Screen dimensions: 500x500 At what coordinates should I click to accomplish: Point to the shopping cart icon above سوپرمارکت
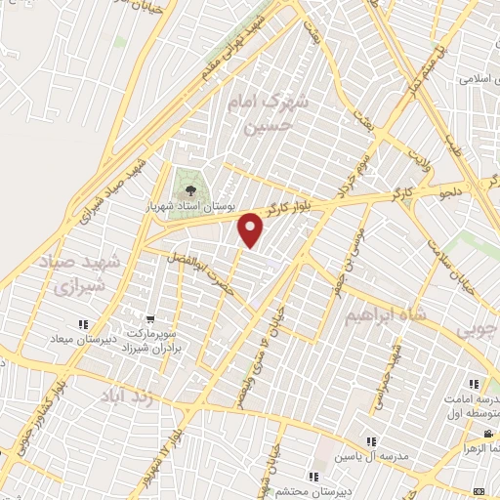149,317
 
